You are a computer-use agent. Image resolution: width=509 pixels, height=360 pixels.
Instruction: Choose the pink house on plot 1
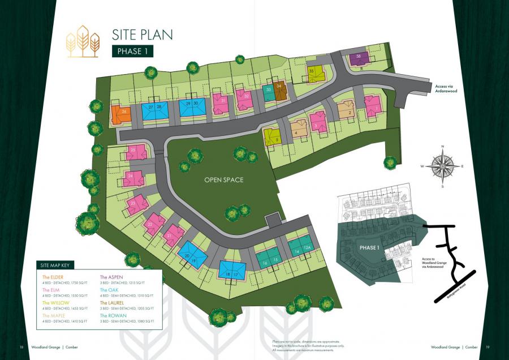pyautogui.click(x=373, y=105)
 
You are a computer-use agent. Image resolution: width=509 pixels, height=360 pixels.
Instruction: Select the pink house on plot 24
pyautogui.click(x=133, y=178)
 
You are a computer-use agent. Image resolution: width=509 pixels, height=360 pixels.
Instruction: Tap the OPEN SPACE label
pyautogui.click(x=224, y=180)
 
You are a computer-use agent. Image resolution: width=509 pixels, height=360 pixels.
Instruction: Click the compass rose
pyautogui.click(x=442, y=166)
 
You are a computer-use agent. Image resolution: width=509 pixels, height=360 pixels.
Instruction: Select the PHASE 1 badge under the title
pyautogui.click(x=133, y=51)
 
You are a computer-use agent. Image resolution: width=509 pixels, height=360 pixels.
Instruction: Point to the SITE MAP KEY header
pyautogui.click(x=55, y=265)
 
